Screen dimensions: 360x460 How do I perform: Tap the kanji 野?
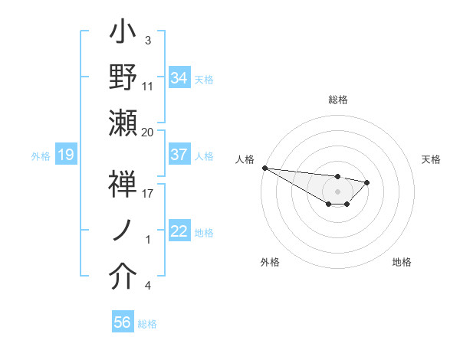(123, 78)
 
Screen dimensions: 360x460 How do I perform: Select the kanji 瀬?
(123, 123)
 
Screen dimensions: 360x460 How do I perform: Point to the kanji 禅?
(123, 185)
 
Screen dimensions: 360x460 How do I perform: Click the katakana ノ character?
(123, 231)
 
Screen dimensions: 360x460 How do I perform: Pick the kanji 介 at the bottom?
(123, 277)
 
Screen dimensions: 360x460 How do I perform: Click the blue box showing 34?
(179, 78)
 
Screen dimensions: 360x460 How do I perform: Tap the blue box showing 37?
(179, 155)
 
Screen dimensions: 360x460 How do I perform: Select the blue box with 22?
(179, 232)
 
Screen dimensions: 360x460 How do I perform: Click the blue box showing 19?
(65, 155)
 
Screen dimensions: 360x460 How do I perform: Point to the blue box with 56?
(123, 323)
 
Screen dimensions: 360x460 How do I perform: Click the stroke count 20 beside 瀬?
(147, 132)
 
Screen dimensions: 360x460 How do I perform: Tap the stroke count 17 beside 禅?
(148, 194)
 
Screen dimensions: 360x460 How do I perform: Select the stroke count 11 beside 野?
(148, 86)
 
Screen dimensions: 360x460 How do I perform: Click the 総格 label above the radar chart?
(338, 100)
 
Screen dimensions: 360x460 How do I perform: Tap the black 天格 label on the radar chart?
(431, 159)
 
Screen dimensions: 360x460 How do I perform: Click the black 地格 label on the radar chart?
(402, 262)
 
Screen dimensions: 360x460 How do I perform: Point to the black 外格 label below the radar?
(270, 262)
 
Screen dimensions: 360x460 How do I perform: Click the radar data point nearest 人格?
(264, 168)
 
